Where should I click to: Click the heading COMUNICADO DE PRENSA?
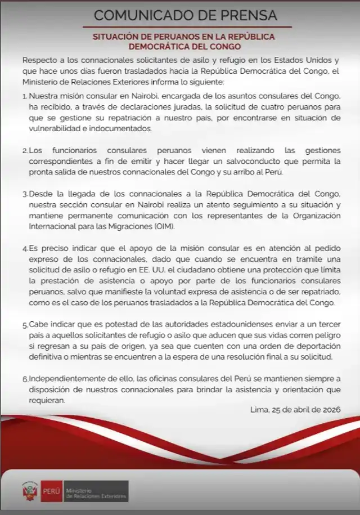(185, 15)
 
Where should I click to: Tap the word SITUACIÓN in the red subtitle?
(114, 37)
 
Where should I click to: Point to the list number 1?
(25, 96)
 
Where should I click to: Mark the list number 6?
(25, 380)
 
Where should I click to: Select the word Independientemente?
(65, 380)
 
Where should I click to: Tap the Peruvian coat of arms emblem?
(29, 491)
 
